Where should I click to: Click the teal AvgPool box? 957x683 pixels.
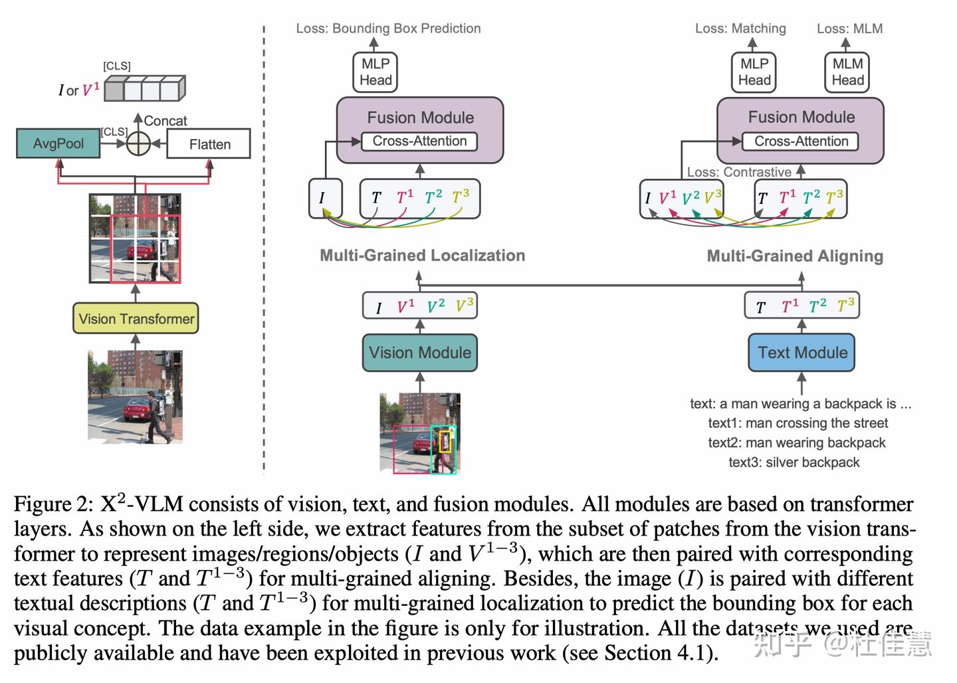[x=58, y=144]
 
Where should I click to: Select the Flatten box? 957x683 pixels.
[x=209, y=144]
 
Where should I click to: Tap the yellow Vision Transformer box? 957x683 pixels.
[x=136, y=319]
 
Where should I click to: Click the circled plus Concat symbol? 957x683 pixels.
[x=138, y=144]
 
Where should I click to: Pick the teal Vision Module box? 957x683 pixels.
[x=419, y=353]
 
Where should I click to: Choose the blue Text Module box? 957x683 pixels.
[x=801, y=353]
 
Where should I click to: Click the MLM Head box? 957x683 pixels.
[x=847, y=72]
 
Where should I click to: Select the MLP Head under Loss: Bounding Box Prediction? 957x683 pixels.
[x=375, y=72]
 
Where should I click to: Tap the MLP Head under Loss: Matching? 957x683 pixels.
[x=754, y=72]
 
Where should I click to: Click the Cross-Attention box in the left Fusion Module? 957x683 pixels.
[x=419, y=142]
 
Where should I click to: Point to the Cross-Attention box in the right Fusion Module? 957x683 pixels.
[x=801, y=142]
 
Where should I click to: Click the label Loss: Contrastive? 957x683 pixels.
[x=738, y=172]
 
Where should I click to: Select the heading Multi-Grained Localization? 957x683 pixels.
[x=422, y=256]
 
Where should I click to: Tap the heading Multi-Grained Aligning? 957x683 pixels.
[x=795, y=256]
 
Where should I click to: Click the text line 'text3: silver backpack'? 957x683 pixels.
[x=794, y=462]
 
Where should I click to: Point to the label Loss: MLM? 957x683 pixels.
[x=849, y=29]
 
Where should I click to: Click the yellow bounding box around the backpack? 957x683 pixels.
[x=445, y=441]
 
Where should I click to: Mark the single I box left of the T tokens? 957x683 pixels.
[x=325, y=198]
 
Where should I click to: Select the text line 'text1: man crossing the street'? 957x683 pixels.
[x=797, y=423]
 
